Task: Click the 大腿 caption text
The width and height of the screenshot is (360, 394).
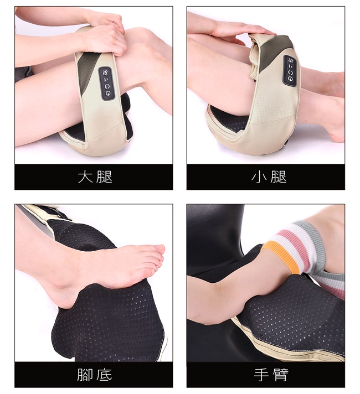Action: tap(95, 177)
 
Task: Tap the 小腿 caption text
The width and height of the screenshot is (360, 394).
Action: tap(269, 177)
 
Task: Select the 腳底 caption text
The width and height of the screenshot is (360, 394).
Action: tap(95, 375)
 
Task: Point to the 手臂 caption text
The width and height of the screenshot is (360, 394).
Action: tap(271, 375)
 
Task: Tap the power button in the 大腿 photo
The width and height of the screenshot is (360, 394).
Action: tap(109, 93)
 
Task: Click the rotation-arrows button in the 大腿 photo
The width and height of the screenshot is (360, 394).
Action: tap(107, 86)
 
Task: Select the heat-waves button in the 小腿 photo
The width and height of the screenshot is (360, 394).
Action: tap(291, 60)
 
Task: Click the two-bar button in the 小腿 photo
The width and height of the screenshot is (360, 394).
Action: tap(291, 66)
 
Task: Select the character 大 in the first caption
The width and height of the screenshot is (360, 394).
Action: tap(85, 177)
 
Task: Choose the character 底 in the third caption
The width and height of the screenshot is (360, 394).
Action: tap(105, 375)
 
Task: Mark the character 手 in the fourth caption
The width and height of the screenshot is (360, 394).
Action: tap(260, 375)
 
